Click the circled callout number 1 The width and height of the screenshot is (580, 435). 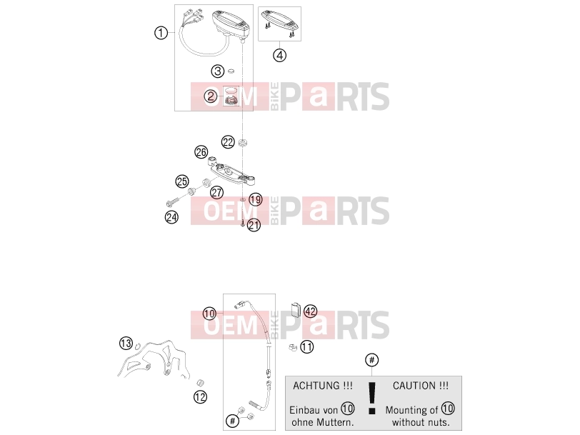coord(161,33)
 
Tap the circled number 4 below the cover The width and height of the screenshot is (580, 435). coord(280,55)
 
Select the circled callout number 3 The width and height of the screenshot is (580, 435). coord(218,71)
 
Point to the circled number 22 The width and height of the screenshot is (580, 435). coord(228,142)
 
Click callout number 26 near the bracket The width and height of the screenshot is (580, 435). coord(201,151)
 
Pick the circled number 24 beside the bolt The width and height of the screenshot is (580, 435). coord(171,216)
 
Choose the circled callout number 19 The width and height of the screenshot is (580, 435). coord(255,200)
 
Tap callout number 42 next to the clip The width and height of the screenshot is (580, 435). coord(310,311)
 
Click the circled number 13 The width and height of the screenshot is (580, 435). coord(126,343)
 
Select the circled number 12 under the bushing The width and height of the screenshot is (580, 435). coord(200,397)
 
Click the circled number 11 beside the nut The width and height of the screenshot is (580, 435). coord(306,347)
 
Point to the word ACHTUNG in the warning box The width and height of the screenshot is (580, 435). coord(316,386)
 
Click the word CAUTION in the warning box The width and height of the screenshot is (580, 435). coord(414,386)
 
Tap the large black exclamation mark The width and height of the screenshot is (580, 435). coord(372,398)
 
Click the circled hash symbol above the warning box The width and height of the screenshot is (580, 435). coord(371,360)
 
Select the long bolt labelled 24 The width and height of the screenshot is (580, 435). coord(172,202)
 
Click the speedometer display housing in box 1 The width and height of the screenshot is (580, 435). coord(231,24)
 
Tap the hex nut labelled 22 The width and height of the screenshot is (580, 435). coord(242,142)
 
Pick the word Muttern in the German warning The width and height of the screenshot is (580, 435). coord(336,422)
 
